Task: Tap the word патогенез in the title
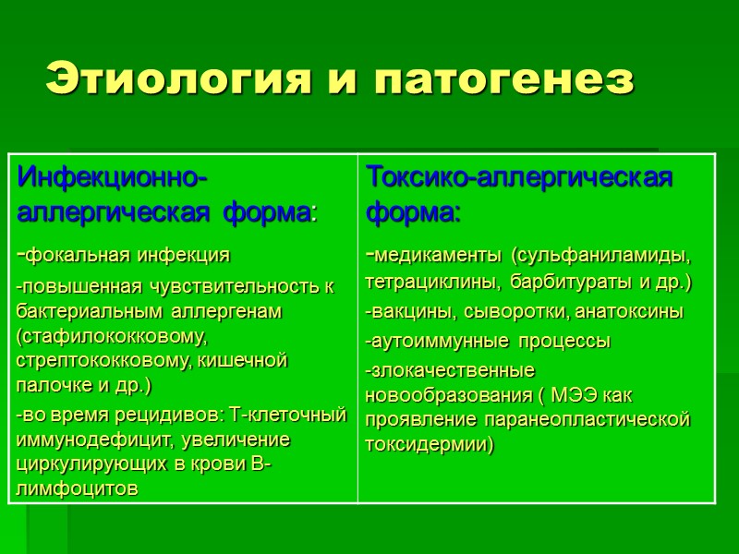point(504,80)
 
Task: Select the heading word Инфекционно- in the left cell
point(112,175)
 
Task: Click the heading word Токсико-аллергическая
point(519,175)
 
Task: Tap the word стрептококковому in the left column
point(101,359)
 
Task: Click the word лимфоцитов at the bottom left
point(78,488)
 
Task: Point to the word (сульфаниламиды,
point(600,255)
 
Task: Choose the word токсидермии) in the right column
point(430,444)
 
